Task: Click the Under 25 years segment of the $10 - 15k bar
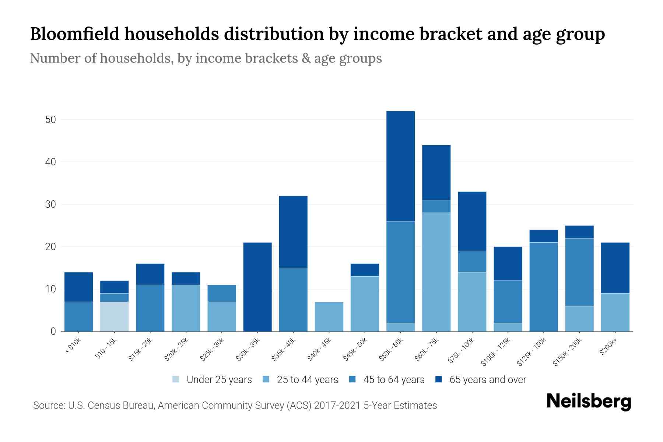tap(114, 316)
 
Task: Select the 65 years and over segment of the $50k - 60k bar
tap(400, 166)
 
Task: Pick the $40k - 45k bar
tap(329, 316)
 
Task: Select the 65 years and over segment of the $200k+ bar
tap(615, 268)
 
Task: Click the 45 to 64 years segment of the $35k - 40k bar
tap(293, 299)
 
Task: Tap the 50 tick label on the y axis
tap(50, 120)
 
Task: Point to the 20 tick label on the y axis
tap(50, 247)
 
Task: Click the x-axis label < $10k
tap(73, 346)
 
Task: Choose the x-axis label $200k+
tap(608, 347)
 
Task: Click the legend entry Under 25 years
tap(219, 380)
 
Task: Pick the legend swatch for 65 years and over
tap(439, 379)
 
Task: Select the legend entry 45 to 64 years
tap(393, 380)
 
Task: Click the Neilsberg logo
tap(589, 401)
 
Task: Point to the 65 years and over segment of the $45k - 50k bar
tap(365, 270)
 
